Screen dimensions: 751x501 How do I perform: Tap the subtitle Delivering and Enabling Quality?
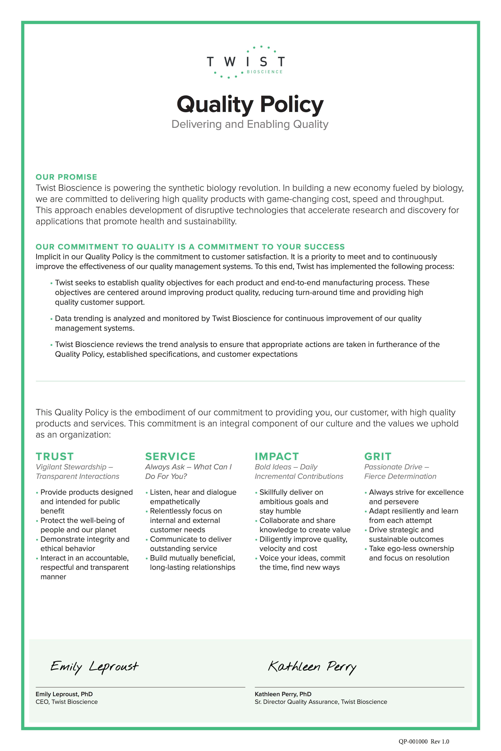pyautogui.click(x=250, y=124)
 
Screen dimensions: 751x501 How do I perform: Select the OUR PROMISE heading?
pyautogui.click(x=67, y=177)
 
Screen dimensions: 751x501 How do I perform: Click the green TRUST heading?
pyautogui.click(x=55, y=456)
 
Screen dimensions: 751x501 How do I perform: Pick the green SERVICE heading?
pyautogui.click(x=170, y=456)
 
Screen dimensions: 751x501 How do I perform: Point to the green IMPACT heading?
pyautogui.click(x=277, y=456)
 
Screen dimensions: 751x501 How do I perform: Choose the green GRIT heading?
pyautogui.click(x=378, y=456)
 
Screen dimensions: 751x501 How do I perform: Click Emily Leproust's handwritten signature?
pyautogui.click(x=94, y=667)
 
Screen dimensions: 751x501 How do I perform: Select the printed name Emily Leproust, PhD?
pyautogui.click(x=64, y=694)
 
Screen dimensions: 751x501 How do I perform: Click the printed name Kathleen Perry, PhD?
pyautogui.click(x=283, y=694)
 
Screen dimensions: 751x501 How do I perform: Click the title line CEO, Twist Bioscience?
pyautogui.click(x=67, y=702)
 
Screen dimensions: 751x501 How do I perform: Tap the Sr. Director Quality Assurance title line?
pyautogui.click(x=321, y=702)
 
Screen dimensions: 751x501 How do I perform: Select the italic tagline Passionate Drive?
pyautogui.click(x=396, y=467)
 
